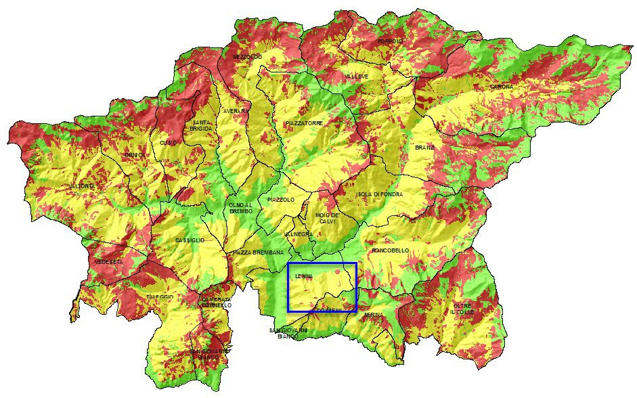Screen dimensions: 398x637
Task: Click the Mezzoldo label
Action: coord(247,57)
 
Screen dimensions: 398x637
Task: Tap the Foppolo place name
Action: coord(390,41)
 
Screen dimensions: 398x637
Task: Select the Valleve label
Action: coord(357,76)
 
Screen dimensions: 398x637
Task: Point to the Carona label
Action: coord(502,87)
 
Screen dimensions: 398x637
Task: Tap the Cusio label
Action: coord(168,142)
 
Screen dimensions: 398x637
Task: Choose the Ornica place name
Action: coord(135,155)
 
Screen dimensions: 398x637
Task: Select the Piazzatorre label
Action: coord(304,123)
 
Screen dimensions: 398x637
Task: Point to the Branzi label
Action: coord(424,148)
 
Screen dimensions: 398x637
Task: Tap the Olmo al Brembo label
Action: coord(240,208)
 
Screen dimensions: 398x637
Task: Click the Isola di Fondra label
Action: coord(379,194)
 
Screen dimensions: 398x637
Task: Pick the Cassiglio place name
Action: coord(190,240)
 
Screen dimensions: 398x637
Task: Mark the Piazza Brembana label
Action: coord(258,252)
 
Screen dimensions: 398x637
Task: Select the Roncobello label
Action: coord(390,250)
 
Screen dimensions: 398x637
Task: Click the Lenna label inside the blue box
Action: coord(304,276)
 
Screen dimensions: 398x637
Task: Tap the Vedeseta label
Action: coord(109,261)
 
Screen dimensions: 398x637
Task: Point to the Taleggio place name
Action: coord(160,297)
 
